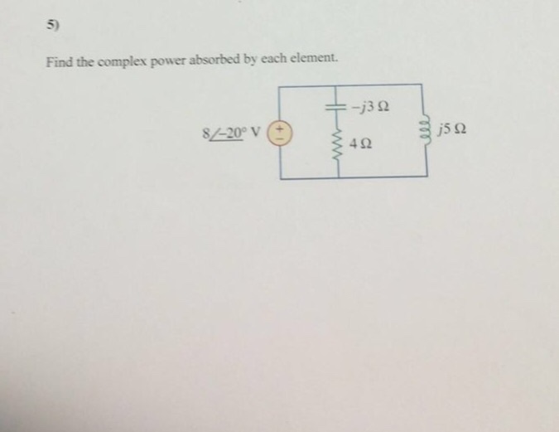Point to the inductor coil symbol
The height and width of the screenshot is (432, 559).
tap(426, 130)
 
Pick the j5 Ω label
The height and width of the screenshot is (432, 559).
tap(457, 129)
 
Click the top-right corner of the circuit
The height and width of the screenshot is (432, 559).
tap(427, 84)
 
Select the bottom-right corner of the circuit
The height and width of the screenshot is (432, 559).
tap(427, 177)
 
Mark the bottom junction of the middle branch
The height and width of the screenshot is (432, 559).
tap(338, 177)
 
